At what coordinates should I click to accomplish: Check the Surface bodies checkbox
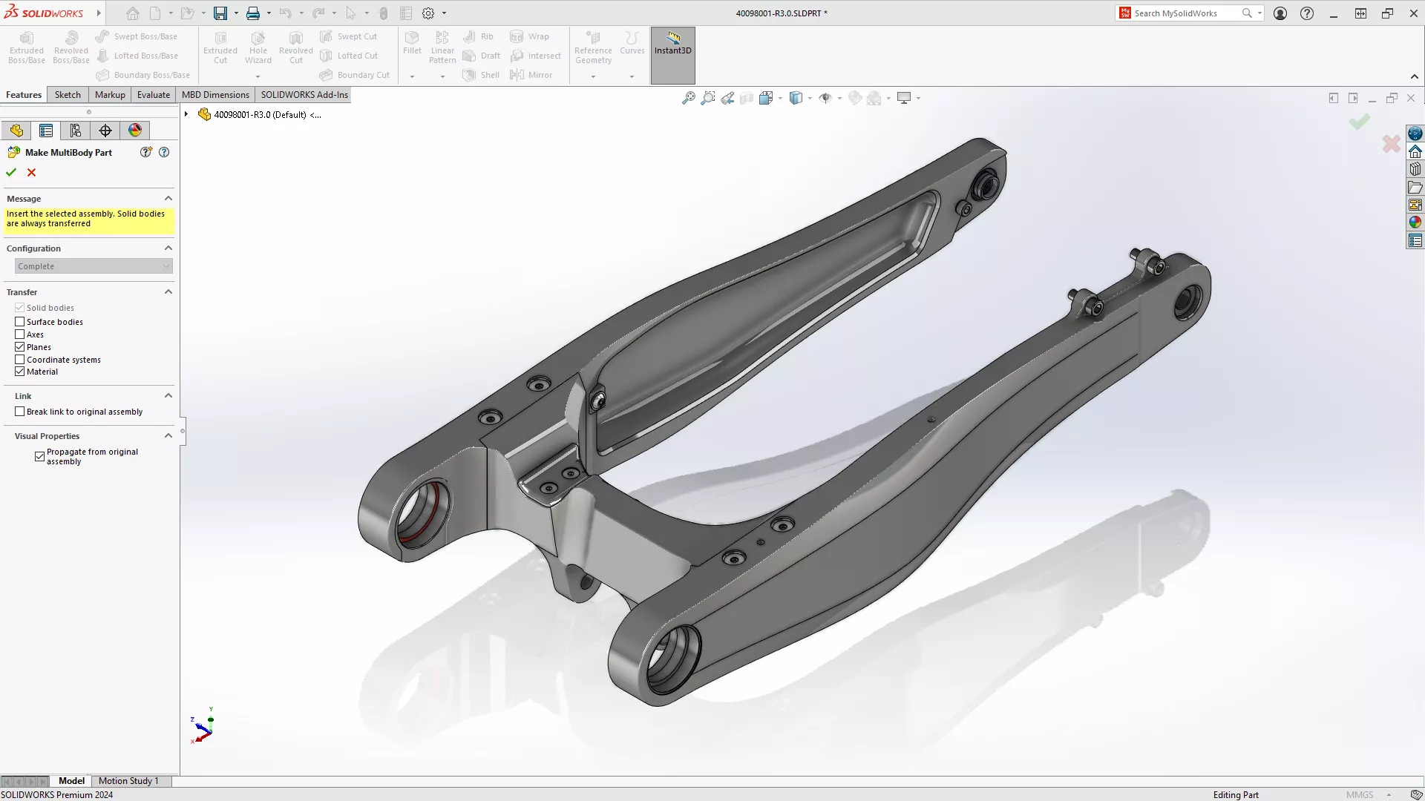pyautogui.click(x=20, y=322)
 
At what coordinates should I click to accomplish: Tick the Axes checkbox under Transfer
pyautogui.click(x=20, y=334)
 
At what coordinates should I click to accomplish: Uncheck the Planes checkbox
pyautogui.click(x=20, y=347)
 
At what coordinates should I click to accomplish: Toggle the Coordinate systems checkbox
pyautogui.click(x=20, y=360)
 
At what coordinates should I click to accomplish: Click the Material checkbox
pyautogui.click(x=20, y=372)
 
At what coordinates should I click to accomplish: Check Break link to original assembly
pyautogui.click(x=20, y=412)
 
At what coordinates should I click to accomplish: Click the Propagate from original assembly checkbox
pyautogui.click(x=40, y=457)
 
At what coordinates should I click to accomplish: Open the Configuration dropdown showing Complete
pyautogui.click(x=94, y=266)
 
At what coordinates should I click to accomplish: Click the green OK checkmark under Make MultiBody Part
pyautogui.click(x=11, y=173)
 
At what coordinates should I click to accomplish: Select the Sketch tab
pyautogui.click(x=68, y=95)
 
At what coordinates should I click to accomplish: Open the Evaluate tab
pyautogui.click(x=154, y=95)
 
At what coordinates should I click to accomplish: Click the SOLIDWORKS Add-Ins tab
pyautogui.click(x=304, y=95)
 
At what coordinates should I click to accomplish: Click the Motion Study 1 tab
pyautogui.click(x=128, y=781)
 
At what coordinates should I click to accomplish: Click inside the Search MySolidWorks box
pyautogui.click(x=1185, y=13)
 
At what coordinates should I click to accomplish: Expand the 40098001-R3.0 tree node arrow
pyautogui.click(x=186, y=115)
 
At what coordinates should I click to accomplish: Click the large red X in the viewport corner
pyautogui.click(x=1391, y=144)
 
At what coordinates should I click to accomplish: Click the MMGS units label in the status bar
pyautogui.click(x=1360, y=795)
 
